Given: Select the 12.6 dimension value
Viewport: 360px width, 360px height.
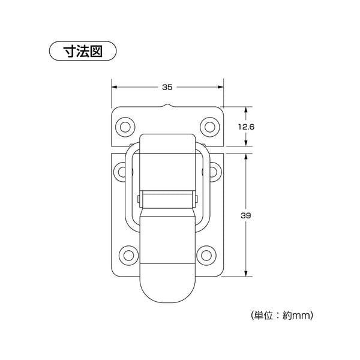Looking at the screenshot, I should pyautogui.click(x=247, y=127).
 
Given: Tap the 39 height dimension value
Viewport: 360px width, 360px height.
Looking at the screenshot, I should pyautogui.click(x=247, y=214).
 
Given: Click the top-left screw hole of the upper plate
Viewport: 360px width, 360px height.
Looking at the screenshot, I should pyautogui.click(x=125, y=127).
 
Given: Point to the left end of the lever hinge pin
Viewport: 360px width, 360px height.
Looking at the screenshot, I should pyautogui.click(x=139, y=199).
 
